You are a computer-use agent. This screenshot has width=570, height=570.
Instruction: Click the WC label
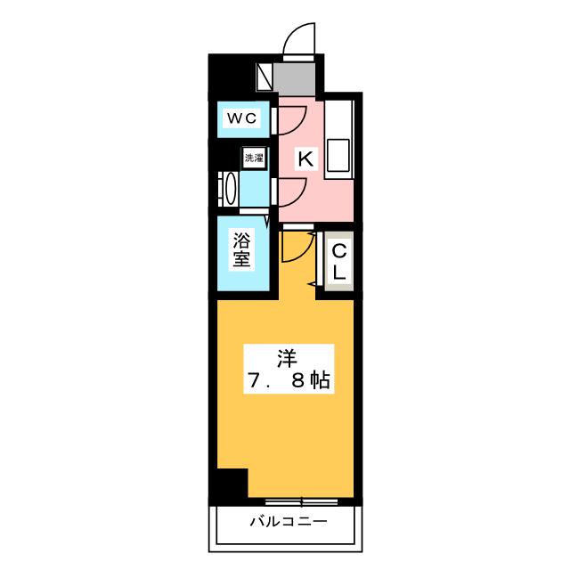click(242, 118)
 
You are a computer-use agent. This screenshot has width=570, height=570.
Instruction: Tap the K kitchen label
click(305, 159)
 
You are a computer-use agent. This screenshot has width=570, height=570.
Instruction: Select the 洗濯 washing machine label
click(254, 159)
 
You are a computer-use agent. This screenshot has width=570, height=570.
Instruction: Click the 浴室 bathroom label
click(241, 249)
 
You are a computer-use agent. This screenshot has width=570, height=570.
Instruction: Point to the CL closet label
click(338, 261)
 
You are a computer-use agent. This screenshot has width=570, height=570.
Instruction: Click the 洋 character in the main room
click(287, 358)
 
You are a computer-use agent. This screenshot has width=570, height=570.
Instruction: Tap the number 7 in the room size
click(254, 381)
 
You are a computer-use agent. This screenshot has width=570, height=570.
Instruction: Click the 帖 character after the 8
click(320, 380)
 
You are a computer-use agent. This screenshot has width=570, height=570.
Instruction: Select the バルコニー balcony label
click(289, 522)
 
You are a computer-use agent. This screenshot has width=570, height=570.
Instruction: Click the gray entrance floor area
click(294, 79)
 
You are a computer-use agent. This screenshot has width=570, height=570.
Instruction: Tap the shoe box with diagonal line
click(265, 77)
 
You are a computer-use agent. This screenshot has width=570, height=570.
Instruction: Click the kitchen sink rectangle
click(338, 155)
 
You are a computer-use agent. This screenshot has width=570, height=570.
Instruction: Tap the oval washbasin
click(232, 189)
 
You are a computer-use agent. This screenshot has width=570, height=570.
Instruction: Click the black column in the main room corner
click(232, 484)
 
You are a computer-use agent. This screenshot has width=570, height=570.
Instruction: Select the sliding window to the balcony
click(301, 502)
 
